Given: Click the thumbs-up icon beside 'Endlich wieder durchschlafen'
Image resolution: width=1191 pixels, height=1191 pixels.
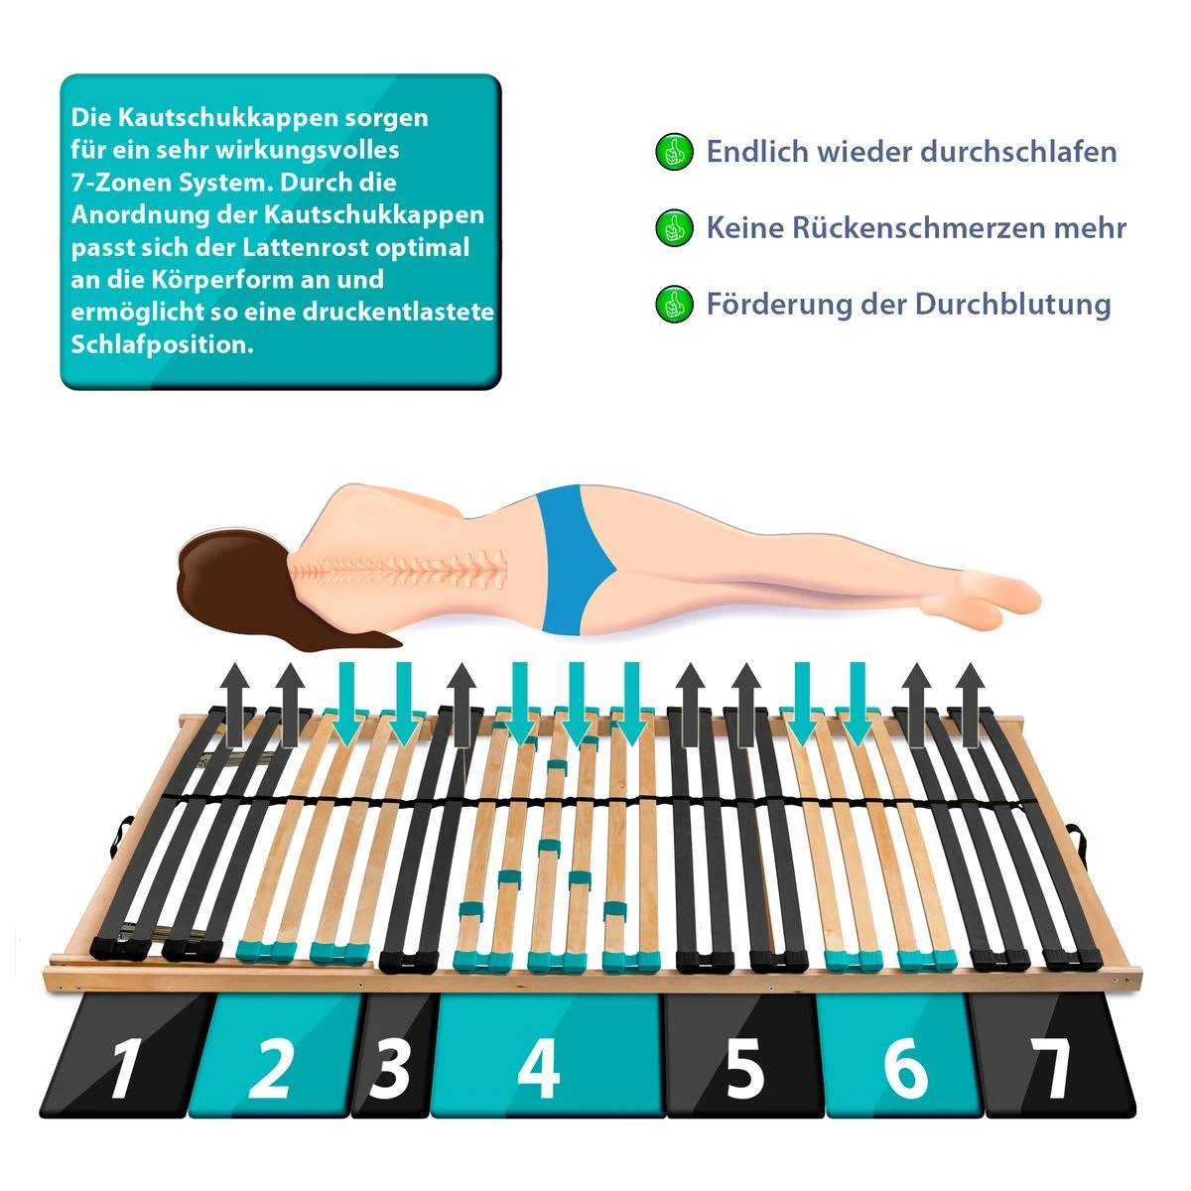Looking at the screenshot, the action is pyautogui.click(x=674, y=152).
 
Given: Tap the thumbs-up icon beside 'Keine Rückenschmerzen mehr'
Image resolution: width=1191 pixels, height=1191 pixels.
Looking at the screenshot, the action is pyautogui.click(x=674, y=227).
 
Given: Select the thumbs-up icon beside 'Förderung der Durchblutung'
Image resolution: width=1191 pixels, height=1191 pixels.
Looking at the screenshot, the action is pyautogui.click(x=674, y=304).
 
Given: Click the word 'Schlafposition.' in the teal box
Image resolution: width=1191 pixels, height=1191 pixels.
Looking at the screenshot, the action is pyautogui.click(x=162, y=344).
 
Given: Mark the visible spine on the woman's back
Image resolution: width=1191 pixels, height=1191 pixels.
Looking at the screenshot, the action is pyautogui.click(x=402, y=568).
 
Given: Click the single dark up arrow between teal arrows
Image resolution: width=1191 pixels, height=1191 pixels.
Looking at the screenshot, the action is pyautogui.click(x=462, y=705).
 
